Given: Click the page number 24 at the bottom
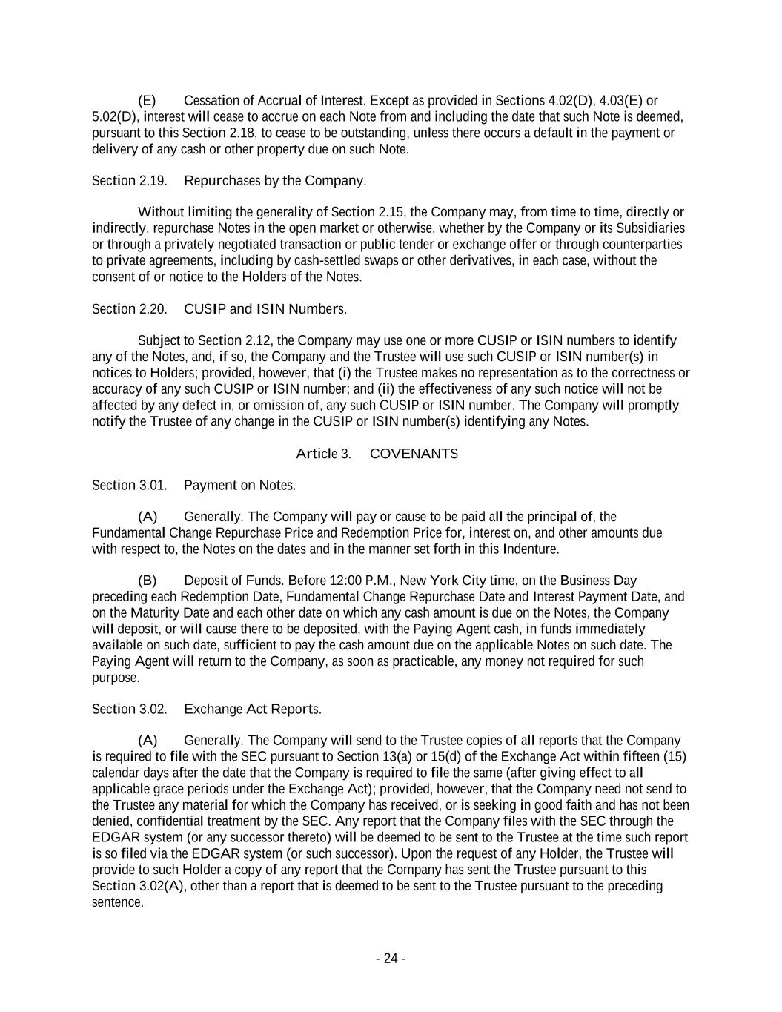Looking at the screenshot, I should coord(391,959).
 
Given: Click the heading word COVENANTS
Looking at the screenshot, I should coord(414,454).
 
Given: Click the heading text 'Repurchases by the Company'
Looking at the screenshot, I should coord(274,181).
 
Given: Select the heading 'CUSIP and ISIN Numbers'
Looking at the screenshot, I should coord(265,309).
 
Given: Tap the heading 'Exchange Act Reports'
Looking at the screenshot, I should coord(252,710).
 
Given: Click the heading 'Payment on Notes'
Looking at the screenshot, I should coord(239,486).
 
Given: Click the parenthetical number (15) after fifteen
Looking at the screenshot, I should coord(675,757).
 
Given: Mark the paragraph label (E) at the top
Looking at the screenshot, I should coord(147,101).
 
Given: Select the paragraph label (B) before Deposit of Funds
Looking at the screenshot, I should coord(147,581).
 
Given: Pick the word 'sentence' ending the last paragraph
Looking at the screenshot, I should coord(116,902).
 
